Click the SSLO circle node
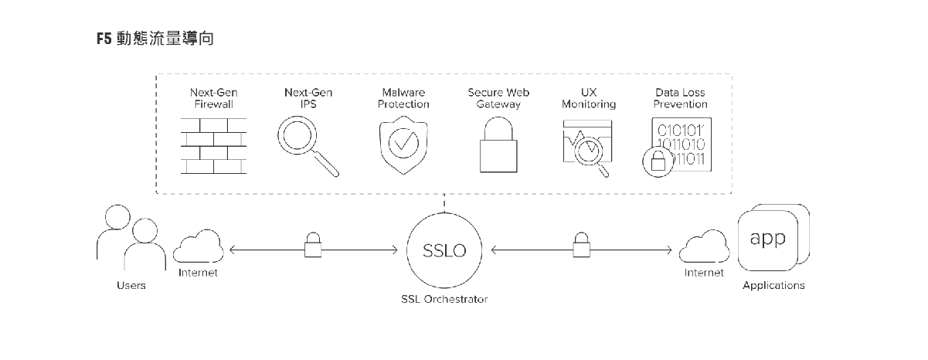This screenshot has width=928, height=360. coord(444,250)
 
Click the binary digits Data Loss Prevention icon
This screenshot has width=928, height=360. coord(679,147)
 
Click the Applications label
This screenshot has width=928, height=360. coord(773,286)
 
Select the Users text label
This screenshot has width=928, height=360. coord(131,286)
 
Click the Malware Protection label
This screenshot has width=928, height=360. coord(403,98)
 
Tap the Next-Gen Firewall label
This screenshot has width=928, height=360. coord(213,98)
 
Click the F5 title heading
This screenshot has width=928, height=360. coord(155,39)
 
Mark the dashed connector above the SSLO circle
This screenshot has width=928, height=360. coord(444,202)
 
